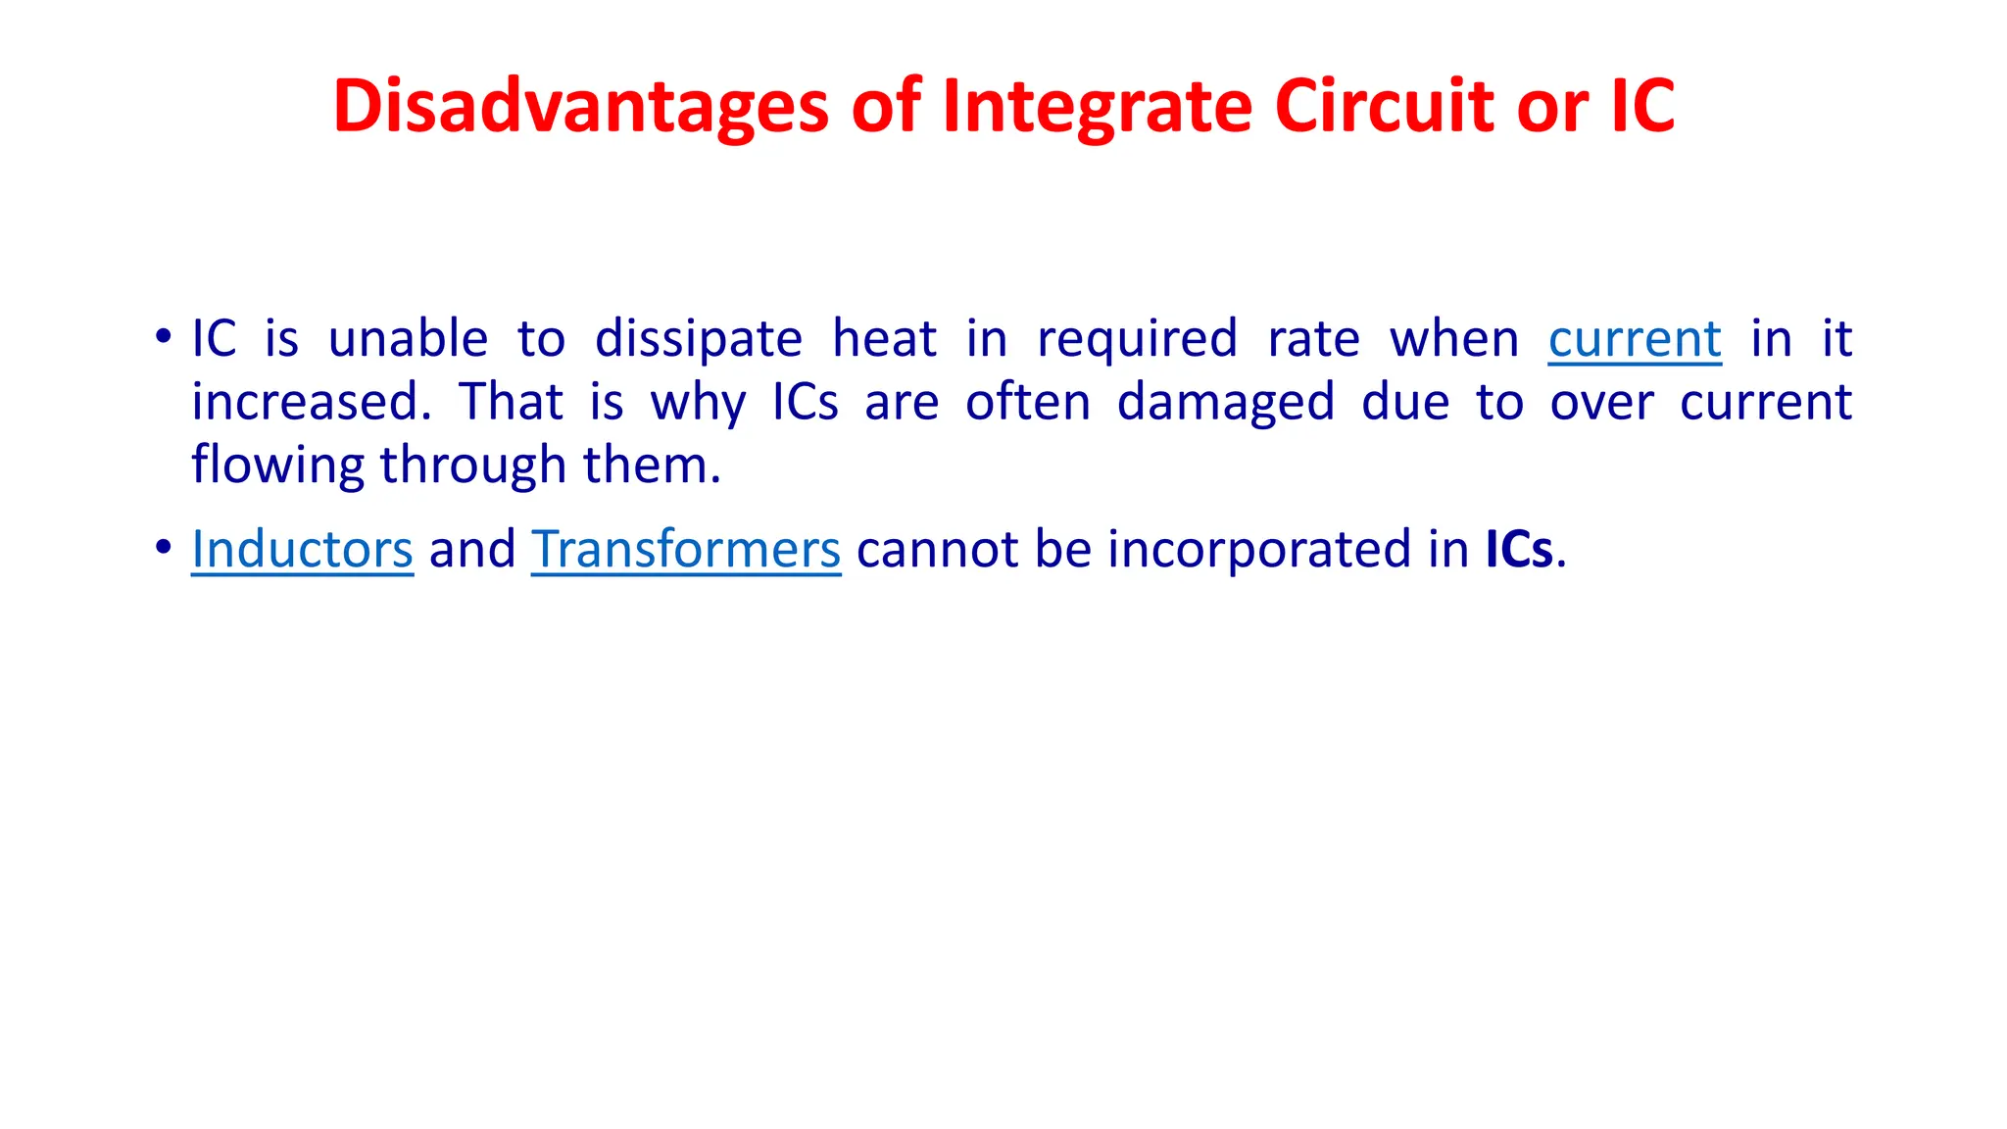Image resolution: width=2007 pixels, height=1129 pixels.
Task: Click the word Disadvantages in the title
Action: (x=581, y=106)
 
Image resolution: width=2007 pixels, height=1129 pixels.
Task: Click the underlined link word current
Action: (x=1635, y=339)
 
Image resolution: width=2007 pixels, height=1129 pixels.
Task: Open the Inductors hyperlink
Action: (x=302, y=549)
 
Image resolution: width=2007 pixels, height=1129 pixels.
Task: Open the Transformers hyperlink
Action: (x=686, y=549)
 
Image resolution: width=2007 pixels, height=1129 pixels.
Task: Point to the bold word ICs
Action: (x=1519, y=549)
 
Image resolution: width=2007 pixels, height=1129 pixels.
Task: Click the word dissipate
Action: (x=699, y=339)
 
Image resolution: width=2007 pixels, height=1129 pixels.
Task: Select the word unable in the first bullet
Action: (x=408, y=339)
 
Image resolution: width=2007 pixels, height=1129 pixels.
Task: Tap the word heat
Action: (x=884, y=339)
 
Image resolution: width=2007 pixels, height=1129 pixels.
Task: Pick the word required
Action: (x=1137, y=339)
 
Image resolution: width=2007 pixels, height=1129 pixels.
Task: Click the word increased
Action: (x=311, y=402)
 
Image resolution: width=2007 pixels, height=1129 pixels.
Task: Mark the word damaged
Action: (x=1226, y=402)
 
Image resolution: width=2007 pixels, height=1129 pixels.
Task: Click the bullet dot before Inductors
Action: (x=163, y=547)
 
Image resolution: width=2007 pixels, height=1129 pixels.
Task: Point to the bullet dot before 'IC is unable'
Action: (x=163, y=337)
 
